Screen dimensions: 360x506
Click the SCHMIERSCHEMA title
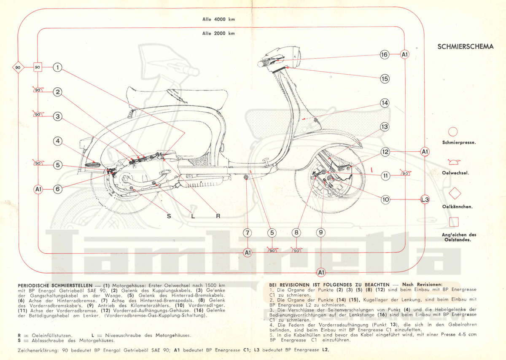pyautogui.click(x=465, y=46)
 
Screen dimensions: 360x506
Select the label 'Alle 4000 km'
pyautogui.click(x=218, y=19)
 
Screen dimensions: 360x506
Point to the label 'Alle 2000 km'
pyautogui.click(x=218, y=33)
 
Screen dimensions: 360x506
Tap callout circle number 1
pyautogui.click(x=58, y=67)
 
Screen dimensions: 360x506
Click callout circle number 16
pyautogui.click(x=384, y=54)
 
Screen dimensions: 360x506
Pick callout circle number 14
pyautogui.click(x=384, y=103)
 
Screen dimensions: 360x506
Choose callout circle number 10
pyautogui.click(x=385, y=199)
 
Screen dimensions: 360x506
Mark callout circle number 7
pyautogui.click(x=247, y=232)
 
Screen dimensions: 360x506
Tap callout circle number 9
pyautogui.click(x=321, y=232)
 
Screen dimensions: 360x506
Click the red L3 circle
pyautogui.click(x=425, y=199)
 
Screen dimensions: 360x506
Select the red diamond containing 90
pyautogui.click(x=18, y=67)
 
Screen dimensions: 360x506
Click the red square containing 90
pyautogui.click(x=38, y=67)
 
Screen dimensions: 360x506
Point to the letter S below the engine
pyautogui.click(x=169, y=216)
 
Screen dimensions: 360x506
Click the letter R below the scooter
pyautogui.click(x=218, y=216)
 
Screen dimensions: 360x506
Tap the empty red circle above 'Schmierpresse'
pyautogui.click(x=453, y=132)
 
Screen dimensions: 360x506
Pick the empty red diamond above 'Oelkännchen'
pyautogui.click(x=454, y=193)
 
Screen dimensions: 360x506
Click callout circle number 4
pyautogui.click(x=58, y=142)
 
